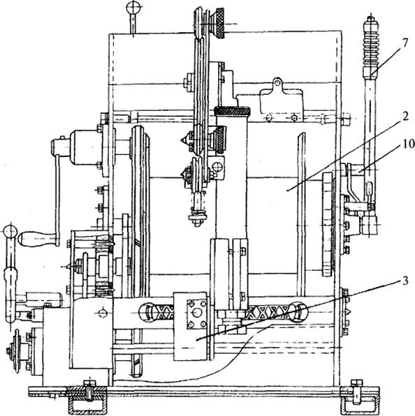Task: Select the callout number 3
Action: click(405, 281)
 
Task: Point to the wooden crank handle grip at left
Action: click(38, 238)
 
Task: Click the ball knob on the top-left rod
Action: click(132, 6)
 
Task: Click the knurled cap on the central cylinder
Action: click(232, 111)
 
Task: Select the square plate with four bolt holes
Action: click(196, 314)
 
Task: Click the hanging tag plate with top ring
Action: click(282, 101)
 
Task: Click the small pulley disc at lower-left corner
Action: click(17, 350)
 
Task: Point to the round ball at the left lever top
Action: click(10, 231)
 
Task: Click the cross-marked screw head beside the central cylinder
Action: click(218, 167)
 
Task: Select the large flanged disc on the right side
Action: click(328, 224)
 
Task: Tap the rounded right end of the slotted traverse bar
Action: click(300, 312)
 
